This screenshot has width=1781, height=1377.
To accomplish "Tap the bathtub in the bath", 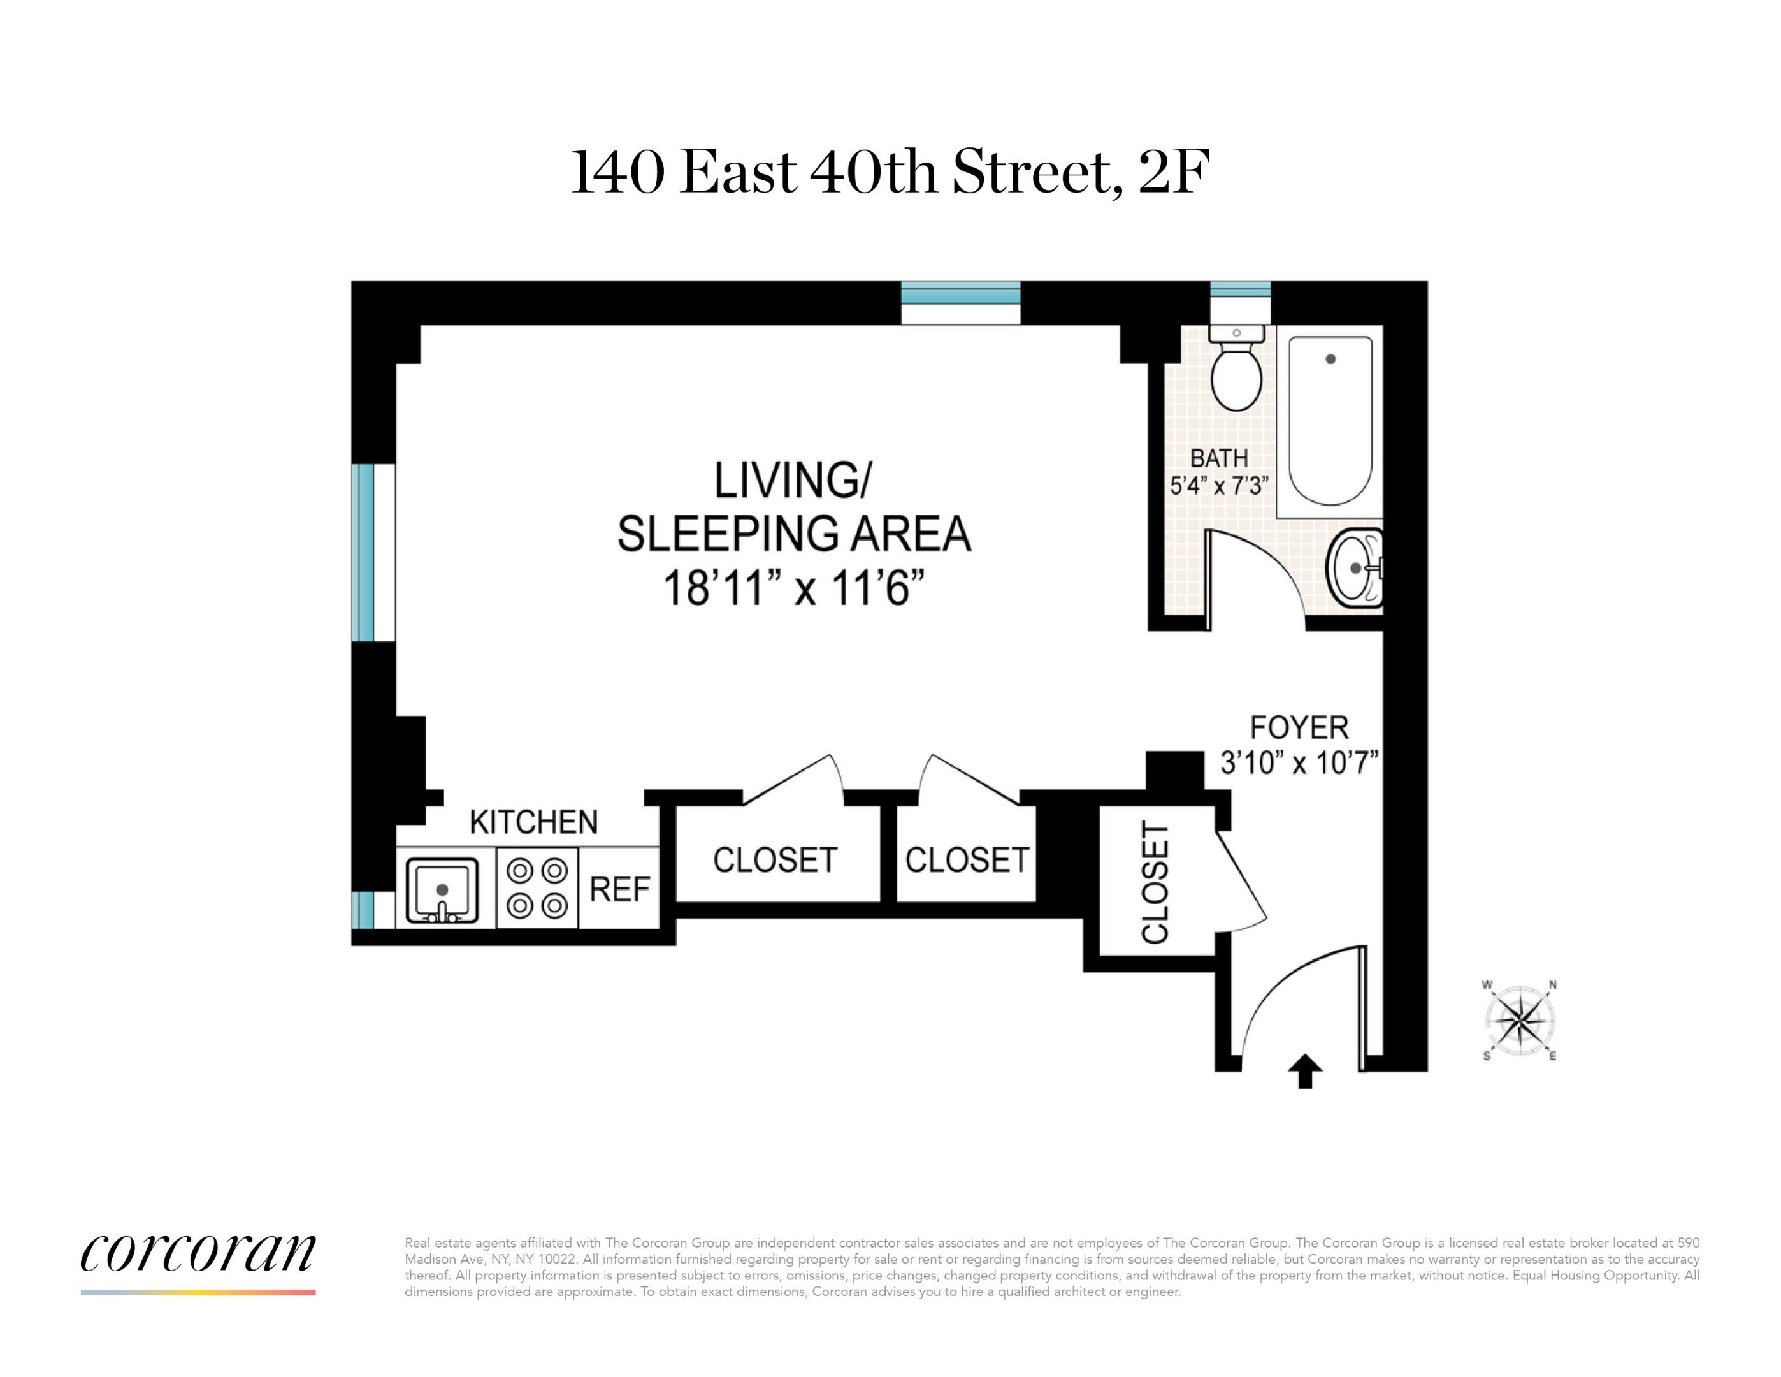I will pos(1330,421).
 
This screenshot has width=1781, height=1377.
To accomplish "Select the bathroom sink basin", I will pos(1355,569).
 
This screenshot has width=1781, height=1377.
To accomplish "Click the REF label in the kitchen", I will pos(620,889).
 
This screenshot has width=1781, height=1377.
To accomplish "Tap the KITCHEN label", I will pos(534,822).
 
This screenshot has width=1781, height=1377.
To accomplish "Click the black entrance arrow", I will pos(1305,1071).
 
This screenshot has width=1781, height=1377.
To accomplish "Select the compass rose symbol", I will pos(1520,1021).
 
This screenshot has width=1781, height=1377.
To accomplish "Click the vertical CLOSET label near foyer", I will pos(1155,884).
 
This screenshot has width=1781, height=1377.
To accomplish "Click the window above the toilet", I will pos(1239,289).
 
